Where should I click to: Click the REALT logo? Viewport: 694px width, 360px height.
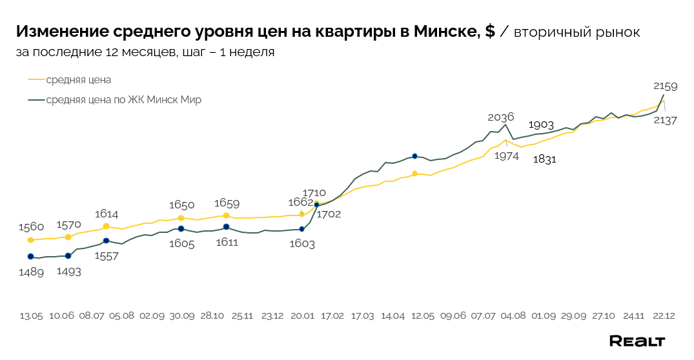tap(637, 341)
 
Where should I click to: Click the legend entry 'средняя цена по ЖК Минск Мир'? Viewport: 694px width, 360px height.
tap(123, 100)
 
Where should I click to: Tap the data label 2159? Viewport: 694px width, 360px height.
tap(665, 85)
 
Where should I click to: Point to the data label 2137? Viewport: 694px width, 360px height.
tap(665, 119)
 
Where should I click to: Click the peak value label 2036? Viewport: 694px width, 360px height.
tap(500, 117)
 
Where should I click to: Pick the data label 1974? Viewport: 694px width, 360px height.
tap(506, 155)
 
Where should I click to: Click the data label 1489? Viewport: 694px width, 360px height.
tap(31, 272)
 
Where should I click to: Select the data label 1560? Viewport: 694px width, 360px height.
tap(31, 226)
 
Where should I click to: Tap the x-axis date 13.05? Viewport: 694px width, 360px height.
tap(31, 316)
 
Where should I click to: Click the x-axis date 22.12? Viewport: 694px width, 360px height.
tap(663, 316)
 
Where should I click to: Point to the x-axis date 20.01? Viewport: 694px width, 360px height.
tap(302, 316)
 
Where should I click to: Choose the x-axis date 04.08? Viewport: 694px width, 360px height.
tap(513, 316)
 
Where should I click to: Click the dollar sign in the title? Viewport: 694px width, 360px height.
tap(490, 32)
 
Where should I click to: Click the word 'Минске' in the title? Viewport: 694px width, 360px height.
tap(445, 32)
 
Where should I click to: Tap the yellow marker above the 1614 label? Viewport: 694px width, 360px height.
tap(106, 226)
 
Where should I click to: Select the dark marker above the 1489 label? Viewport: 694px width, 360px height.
tap(30, 256)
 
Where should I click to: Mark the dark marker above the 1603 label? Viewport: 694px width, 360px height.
tap(301, 229)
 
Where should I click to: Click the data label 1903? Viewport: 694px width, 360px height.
tap(541, 125)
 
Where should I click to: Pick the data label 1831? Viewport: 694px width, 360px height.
tap(544, 160)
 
